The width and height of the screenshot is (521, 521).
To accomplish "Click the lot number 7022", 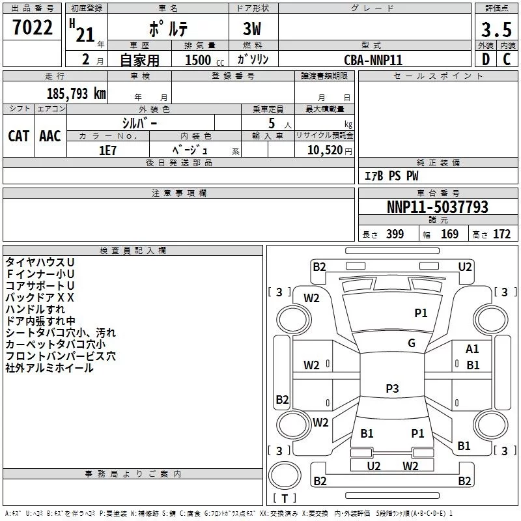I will tap(33, 28).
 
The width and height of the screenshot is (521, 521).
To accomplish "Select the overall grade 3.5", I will tap(495, 29).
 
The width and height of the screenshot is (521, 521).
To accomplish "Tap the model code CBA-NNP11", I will tap(373, 60).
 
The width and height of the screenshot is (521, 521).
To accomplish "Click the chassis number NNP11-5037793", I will tap(437, 207).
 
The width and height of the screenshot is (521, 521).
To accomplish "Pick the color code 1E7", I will tap(108, 150).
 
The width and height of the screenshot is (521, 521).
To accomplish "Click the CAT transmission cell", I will tap(19, 136).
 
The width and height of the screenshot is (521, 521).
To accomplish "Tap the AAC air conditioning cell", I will tap(50, 136).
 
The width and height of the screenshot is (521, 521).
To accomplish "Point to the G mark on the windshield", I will tap(411, 343).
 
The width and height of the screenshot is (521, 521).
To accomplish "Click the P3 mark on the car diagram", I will tap(391, 389).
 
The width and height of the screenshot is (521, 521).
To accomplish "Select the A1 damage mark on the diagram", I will tap(472, 349).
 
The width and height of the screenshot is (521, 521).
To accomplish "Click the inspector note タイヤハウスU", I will tap(40, 262).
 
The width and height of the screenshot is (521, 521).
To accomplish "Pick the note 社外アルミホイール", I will tap(49, 368).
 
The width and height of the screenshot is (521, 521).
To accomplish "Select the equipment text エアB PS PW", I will tap(391, 176).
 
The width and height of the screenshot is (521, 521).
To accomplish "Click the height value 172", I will tap(501, 234).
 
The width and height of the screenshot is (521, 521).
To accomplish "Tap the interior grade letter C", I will tap(507, 59).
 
